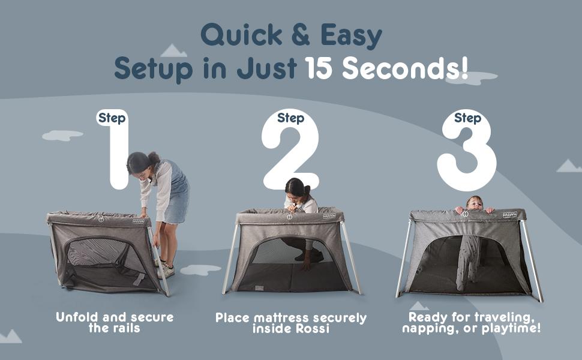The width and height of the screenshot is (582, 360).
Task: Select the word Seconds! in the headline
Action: click(x=405, y=68)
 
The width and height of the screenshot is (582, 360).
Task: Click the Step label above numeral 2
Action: click(x=290, y=118)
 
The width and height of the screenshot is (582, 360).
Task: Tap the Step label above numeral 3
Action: click(x=467, y=118)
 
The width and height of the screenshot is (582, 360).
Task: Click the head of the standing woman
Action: click(x=140, y=163)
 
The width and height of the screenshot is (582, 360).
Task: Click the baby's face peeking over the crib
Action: click(x=474, y=203)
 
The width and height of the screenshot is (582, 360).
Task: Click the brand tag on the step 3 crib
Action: click(x=509, y=214)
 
